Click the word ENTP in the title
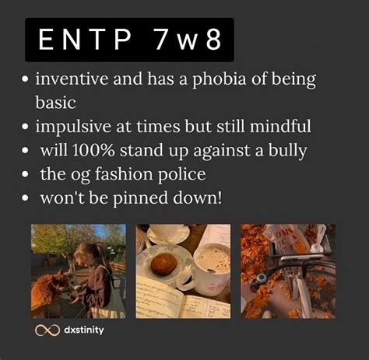[85, 39]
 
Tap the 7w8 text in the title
[188, 39]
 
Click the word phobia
[219, 79]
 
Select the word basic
[55, 103]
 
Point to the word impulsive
[73, 127]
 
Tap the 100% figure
[93, 150]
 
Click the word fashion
[124, 174]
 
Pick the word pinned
[140, 199]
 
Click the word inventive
[72, 79]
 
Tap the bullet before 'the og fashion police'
[25, 174]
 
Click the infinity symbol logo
[47, 330]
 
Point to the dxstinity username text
[83, 330]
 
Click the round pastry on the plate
[164, 264]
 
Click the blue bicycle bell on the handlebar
[261, 279]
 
